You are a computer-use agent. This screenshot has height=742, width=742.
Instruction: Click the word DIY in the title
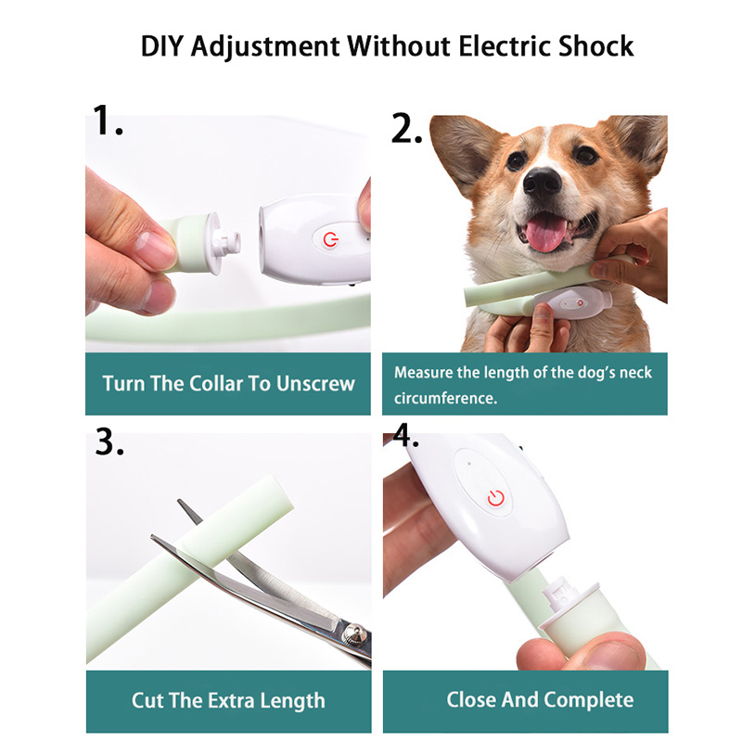tap(163, 45)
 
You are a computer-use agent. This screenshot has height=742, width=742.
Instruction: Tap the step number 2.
tap(407, 129)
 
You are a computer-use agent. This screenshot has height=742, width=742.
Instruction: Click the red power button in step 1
tap(330, 239)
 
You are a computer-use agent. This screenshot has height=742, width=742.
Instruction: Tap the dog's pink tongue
tap(547, 233)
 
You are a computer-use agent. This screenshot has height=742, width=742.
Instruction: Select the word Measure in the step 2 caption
tap(427, 373)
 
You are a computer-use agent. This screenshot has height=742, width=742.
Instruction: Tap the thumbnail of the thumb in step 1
tap(153, 249)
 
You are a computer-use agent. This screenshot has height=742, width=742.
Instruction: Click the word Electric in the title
tap(493, 45)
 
